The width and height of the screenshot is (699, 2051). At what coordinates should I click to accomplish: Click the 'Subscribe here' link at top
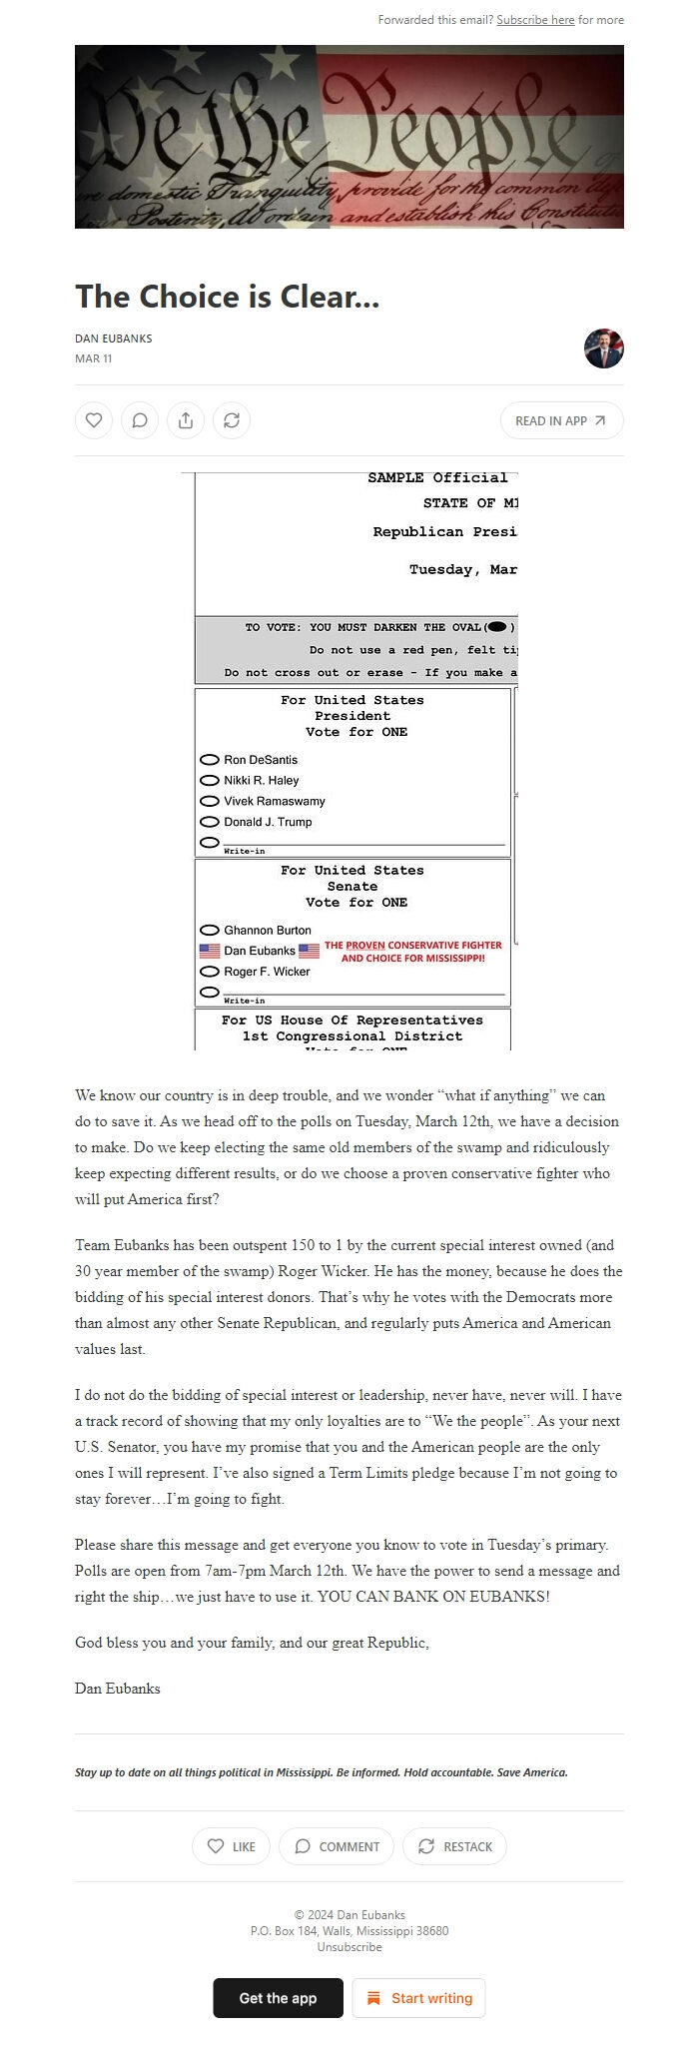pyautogui.click(x=535, y=20)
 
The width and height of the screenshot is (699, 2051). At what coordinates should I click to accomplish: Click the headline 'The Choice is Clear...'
pyautogui.click(x=227, y=297)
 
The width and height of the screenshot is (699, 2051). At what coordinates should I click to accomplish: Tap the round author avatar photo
pyautogui.click(x=603, y=348)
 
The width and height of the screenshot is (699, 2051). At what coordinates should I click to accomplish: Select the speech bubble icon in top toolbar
pyautogui.click(x=140, y=420)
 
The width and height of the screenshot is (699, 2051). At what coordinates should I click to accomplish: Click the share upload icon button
pyautogui.click(x=186, y=420)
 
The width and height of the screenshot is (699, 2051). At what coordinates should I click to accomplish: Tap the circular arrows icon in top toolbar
pyautogui.click(x=232, y=420)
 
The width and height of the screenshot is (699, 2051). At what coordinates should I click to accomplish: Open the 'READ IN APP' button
pyautogui.click(x=561, y=420)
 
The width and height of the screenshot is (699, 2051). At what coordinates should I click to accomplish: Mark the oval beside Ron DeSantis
pyautogui.click(x=210, y=760)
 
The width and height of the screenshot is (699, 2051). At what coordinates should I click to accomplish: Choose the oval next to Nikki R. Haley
pyautogui.click(x=210, y=781)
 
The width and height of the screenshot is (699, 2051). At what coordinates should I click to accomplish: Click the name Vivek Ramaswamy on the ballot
pyautogui.click(x=274, y=801)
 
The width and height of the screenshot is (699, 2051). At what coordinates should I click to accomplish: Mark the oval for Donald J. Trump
pyautogui.click(x=210, y=822)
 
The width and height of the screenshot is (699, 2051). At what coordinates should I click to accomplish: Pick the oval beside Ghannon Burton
pyautogui.click(x=210, y=930)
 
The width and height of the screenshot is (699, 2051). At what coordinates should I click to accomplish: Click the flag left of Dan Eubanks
pyautogui.click(x=210, y=951)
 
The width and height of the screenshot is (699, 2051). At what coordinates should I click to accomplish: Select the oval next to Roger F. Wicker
pyautogui.click(x=210, y=972)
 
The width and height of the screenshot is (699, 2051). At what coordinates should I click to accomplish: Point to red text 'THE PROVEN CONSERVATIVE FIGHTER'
pyautogui.click(x=412, y=945)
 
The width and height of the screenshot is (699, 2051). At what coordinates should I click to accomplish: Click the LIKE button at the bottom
pyautogui.click(x=231, y=1846)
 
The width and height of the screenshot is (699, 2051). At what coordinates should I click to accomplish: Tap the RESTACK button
pyautogui.click(x=454, y=1846)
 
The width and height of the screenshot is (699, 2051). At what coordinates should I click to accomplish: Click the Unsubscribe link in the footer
pyautogui.click(x=349, y=1947)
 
